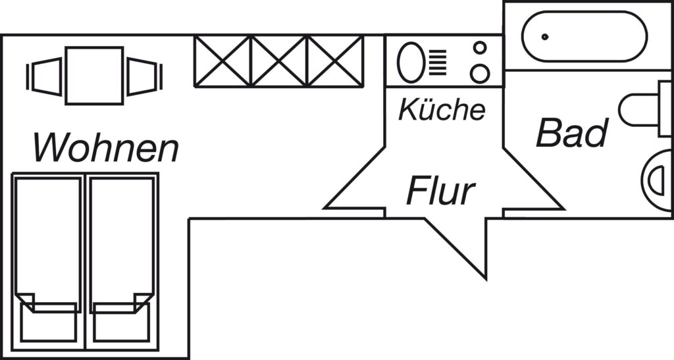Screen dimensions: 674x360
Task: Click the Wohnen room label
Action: [106, 147]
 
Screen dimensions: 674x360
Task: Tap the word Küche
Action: [442, 109]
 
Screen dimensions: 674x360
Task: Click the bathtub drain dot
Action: [545, 37]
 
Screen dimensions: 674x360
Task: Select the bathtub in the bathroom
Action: [584, 36]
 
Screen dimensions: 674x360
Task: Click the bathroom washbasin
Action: [658, 180]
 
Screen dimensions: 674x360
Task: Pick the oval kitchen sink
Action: [411, 63]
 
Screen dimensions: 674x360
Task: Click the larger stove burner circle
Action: [480, 74]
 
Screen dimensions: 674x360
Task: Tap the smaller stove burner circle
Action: [480, 47]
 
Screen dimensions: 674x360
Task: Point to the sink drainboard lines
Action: [438, 63]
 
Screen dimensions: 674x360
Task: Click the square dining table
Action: [95, 76]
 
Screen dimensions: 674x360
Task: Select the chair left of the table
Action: [45, 76]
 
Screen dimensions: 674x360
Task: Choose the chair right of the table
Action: [144, 76]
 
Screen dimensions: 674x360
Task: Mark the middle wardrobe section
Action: [279, 61]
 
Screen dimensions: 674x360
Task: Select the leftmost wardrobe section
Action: [222, 61]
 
